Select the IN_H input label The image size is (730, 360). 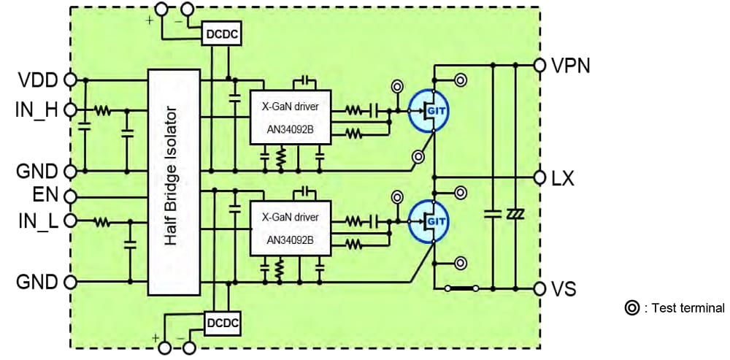(36, 111)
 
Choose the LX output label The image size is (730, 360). (564, 177)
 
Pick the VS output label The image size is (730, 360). (564, 288)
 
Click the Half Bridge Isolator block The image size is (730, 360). (173, 183)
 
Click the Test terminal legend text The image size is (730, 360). (682, 308)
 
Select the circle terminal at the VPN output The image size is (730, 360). (539, 65)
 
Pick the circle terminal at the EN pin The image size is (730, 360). (71, 196)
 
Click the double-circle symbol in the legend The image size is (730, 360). (630, 308)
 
